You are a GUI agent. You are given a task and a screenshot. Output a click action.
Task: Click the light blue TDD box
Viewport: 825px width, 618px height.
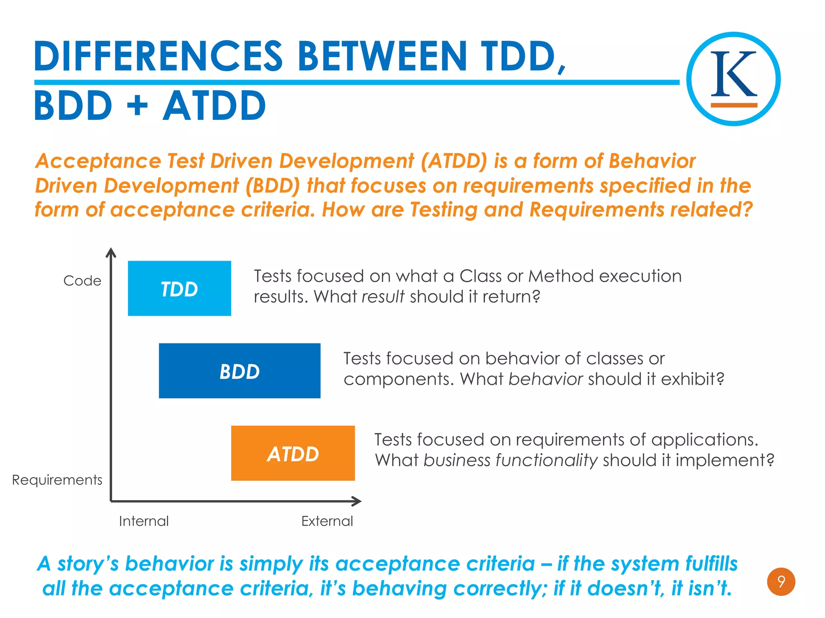click(179, 288)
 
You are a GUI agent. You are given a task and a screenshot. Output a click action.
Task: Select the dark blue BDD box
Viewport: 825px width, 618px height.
click(240, 371)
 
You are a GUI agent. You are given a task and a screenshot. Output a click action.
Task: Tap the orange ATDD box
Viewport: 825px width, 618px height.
click(293, 453)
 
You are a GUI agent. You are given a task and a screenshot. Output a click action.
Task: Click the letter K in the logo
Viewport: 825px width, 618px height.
click(733, 74)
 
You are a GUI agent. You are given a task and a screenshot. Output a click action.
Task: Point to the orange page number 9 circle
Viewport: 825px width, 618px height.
click(781, 582)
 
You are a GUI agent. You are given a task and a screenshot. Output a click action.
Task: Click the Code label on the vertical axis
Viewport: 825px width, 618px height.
click(82, 281)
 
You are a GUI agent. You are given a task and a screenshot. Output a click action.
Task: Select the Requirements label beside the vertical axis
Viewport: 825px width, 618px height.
click(57, 480)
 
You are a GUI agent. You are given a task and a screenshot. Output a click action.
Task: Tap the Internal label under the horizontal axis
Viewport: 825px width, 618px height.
click(144, 521)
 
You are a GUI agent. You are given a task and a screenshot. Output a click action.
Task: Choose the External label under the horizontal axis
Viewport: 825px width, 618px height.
click(327, 521)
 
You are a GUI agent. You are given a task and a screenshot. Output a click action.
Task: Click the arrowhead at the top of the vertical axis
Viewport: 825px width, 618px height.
click(111, 253)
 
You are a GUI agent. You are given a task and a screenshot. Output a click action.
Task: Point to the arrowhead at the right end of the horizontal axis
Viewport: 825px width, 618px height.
click(357, 501)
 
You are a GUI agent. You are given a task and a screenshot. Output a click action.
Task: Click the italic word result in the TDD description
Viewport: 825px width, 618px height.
click(383, 297)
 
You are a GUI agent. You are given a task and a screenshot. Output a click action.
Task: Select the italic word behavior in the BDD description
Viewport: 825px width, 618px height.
click(545, 379)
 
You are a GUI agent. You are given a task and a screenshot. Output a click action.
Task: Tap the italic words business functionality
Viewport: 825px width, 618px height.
click(510, 460)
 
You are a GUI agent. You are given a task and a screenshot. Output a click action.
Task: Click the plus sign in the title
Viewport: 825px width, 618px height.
click(137, 106)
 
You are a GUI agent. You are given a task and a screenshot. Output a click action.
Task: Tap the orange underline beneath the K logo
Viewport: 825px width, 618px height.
click(734, 105)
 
